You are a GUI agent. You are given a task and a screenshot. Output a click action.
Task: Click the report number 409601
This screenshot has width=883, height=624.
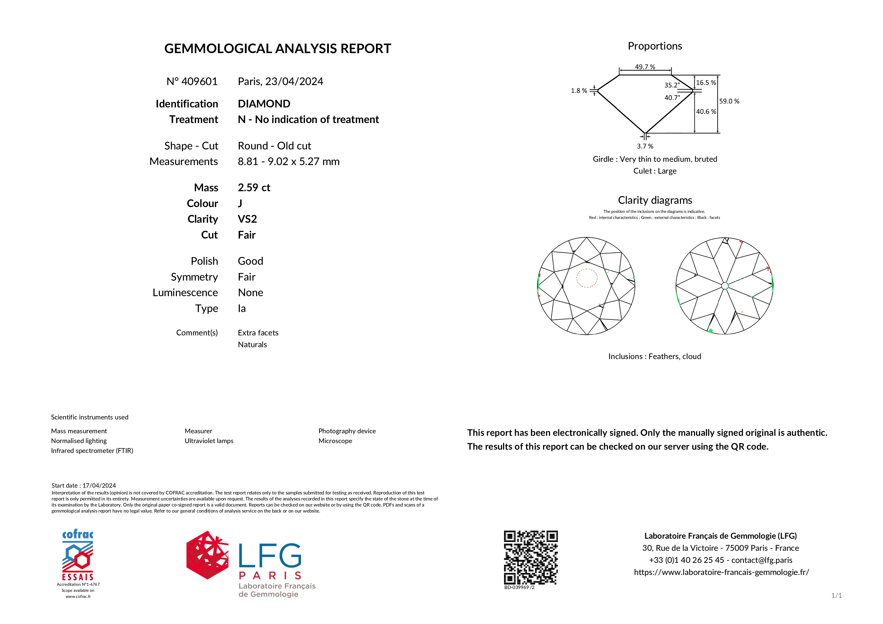point(199,82)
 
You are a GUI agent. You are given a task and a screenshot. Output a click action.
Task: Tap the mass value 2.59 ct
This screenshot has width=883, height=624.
point(254,188)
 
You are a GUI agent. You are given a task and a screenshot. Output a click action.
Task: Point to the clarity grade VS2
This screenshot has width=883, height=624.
point(247,219)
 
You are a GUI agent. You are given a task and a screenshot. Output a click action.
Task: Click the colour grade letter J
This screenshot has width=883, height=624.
point(240,203)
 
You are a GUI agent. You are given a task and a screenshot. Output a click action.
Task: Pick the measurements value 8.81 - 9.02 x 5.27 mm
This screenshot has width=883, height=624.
point(288,162)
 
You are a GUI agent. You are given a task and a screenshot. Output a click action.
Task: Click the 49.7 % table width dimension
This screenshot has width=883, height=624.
point(645,67)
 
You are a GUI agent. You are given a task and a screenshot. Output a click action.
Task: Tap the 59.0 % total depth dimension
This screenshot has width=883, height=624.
point(729,101)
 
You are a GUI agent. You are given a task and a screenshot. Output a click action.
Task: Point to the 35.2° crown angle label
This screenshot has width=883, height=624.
point(672,85)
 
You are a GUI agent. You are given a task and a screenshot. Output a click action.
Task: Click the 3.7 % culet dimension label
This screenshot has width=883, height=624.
point(645,146)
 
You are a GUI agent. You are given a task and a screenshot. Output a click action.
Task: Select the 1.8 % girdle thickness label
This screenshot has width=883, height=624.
point(579,91)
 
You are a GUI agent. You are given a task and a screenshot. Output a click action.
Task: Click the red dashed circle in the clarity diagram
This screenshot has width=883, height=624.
point(587,278)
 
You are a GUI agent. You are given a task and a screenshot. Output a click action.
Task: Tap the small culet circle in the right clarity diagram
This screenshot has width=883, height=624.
point(725,286)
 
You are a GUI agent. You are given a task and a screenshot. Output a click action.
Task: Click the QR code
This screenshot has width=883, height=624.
point(531,558)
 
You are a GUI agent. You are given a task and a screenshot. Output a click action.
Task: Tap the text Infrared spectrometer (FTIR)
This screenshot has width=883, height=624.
point(92,451)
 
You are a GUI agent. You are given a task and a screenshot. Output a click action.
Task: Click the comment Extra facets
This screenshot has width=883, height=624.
point(258,333)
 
